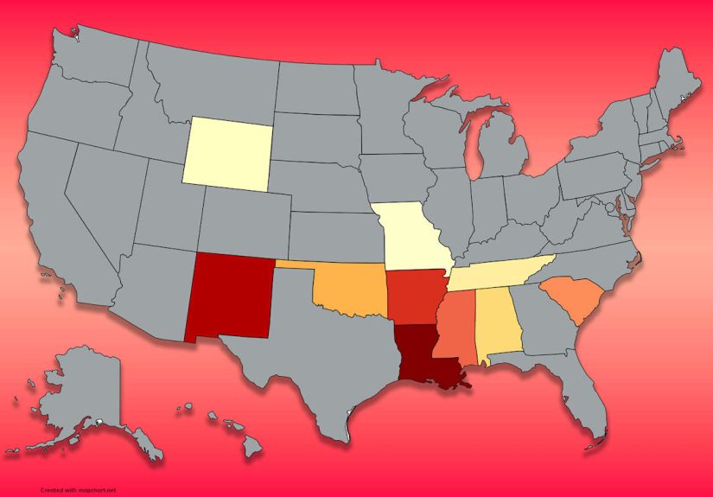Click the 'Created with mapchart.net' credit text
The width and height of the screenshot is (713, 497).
(x=78, y=489)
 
